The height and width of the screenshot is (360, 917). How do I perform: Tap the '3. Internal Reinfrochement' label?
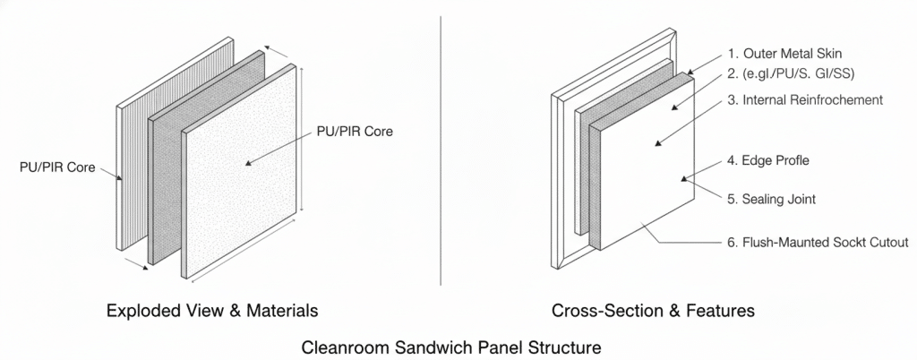pyautogui.click(x=806, y=99)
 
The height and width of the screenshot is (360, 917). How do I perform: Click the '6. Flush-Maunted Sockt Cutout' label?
pyautogui.click(x=818, y=242)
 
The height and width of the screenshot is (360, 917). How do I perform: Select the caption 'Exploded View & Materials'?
pyautogui.click(x=211, y=312)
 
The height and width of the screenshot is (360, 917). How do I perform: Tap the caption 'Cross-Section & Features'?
pyautogui.click(x=653, y=312)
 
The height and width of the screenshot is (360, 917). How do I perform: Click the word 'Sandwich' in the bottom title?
pyautogui.click(x=438, y=345)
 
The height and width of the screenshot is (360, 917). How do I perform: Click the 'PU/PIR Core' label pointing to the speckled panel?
pyautogui.click(x=356, y=131)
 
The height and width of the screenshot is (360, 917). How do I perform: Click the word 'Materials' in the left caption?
pyautogui.click(x=280, y=312)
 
